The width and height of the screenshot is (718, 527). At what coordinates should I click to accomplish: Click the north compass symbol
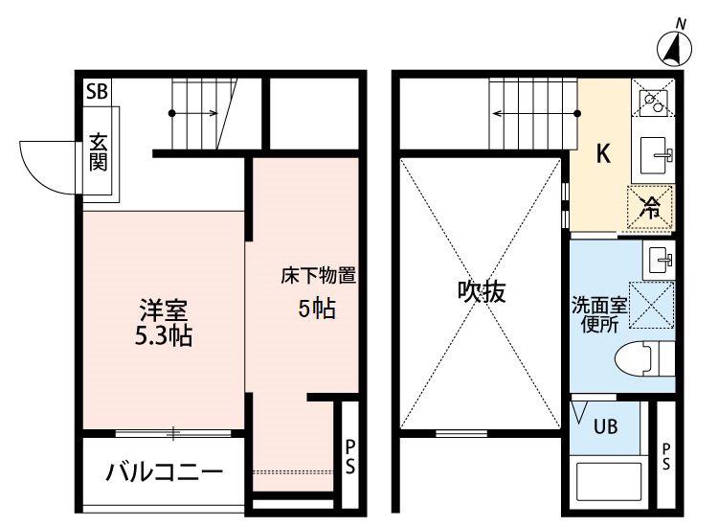(674, 47)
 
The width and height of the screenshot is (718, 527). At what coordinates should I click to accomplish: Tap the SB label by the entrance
(97, 92)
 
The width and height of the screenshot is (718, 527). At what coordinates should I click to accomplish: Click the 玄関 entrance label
(99, 151)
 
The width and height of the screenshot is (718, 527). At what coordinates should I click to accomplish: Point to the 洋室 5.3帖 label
(164, 323)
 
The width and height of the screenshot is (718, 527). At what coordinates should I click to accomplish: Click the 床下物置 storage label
(319, 276)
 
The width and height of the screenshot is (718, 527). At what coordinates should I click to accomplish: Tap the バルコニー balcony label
(165, 471)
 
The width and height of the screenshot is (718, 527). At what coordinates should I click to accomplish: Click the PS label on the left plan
(350, 456)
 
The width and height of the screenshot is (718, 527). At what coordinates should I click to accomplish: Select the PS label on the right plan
(666, 456)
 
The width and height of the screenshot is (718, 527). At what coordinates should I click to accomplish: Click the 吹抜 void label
(482, 291)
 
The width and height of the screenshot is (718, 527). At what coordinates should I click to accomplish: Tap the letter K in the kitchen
(603, 153)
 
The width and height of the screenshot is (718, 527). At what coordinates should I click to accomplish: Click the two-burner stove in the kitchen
(653, 103)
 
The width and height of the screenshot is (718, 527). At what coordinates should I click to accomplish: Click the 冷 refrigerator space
(651, 207)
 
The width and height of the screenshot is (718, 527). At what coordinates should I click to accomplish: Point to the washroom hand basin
(659, 261)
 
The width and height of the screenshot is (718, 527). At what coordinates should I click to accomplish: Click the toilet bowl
(644, 359)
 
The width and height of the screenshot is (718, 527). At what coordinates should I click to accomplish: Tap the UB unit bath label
(605, 427)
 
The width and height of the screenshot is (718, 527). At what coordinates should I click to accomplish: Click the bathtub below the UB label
(609, 485)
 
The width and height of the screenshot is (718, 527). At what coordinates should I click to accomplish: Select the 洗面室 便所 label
(599, 315)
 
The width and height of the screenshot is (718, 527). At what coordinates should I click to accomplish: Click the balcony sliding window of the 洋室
(173, 433)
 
